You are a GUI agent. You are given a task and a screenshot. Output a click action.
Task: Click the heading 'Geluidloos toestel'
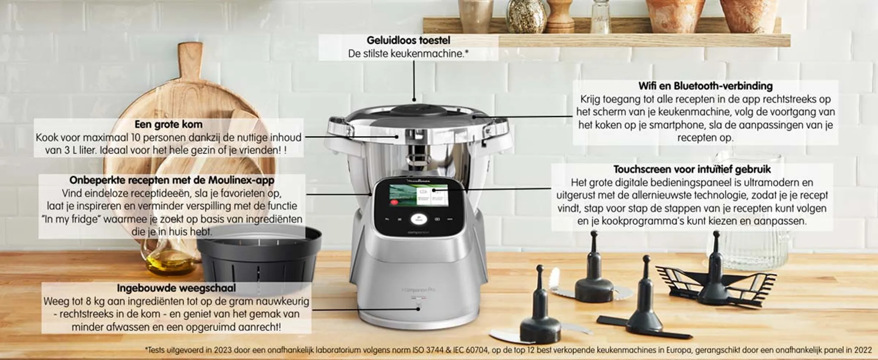[x=408, y=40]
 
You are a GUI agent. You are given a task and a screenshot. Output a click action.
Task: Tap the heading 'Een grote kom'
[x=168, y=124]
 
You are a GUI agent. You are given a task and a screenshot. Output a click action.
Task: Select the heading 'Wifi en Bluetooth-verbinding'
[x=705, y=86]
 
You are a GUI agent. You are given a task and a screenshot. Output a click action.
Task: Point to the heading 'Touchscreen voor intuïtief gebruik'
[x=692, y=169]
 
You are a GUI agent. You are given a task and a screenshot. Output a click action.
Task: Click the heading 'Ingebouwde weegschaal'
[x=176, y=288]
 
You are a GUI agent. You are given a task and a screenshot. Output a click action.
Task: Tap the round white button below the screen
[x=418, y=219]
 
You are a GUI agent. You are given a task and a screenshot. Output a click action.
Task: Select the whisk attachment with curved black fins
[x=715, y=280]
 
